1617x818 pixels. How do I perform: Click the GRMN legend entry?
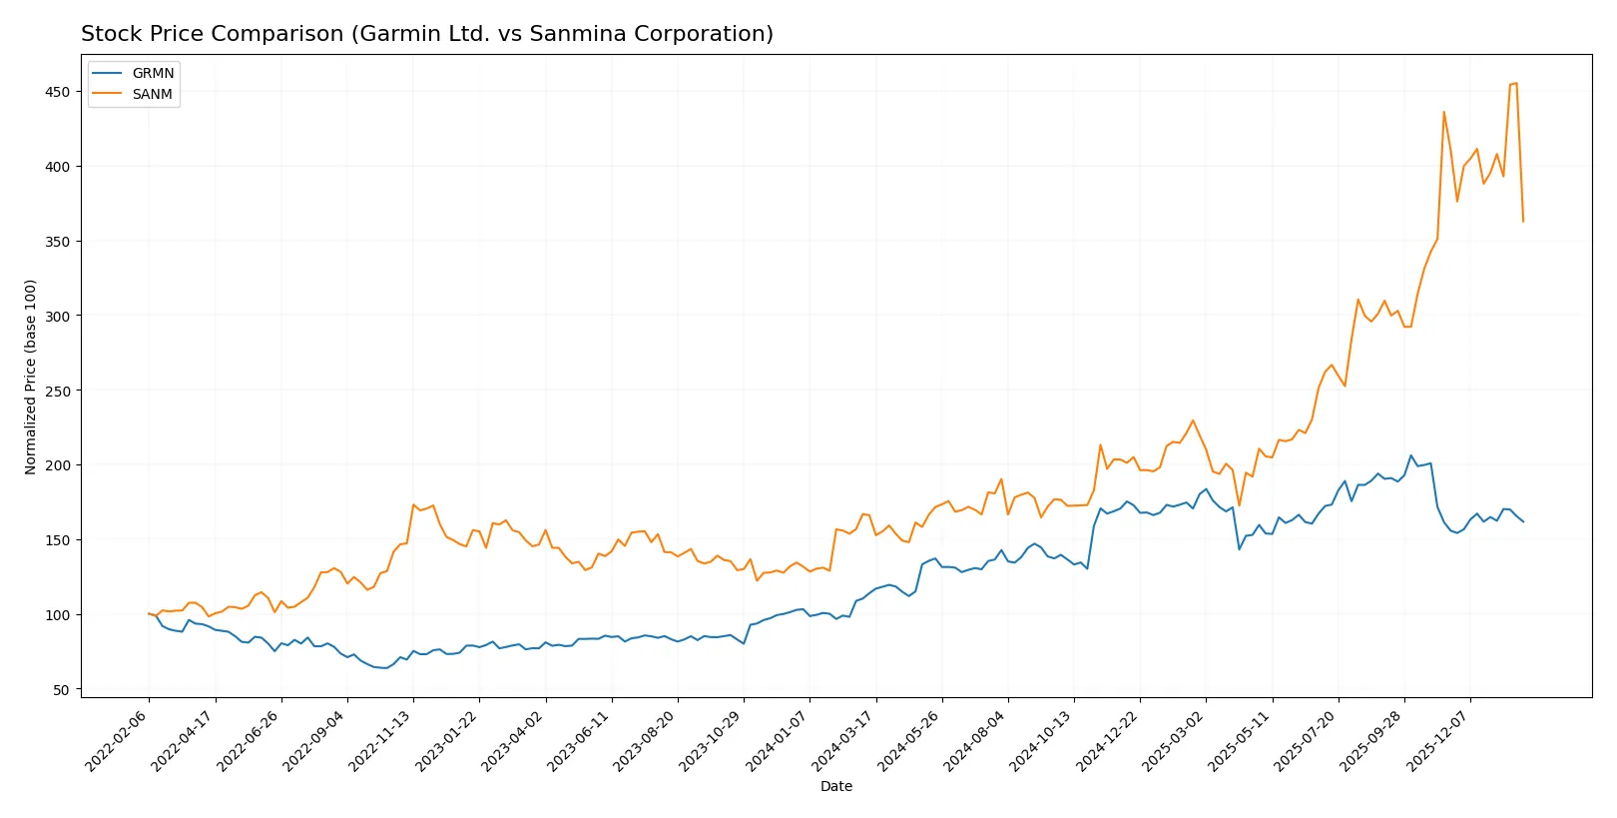[x=152, y=73]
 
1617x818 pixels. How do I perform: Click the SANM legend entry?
[x=152, y=94]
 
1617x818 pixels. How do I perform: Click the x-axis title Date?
[x=835, y=787]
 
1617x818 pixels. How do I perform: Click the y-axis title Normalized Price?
[x=31, y=377]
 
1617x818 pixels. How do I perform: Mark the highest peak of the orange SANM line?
[x=1516, y=83]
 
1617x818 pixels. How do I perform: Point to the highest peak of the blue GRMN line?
[x=1411, y=455]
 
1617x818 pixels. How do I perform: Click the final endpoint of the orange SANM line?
[x=1523, y=222]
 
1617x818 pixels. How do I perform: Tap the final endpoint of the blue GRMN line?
[x=1523, y=521]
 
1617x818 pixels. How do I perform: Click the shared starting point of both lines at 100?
[x=149, y=614]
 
